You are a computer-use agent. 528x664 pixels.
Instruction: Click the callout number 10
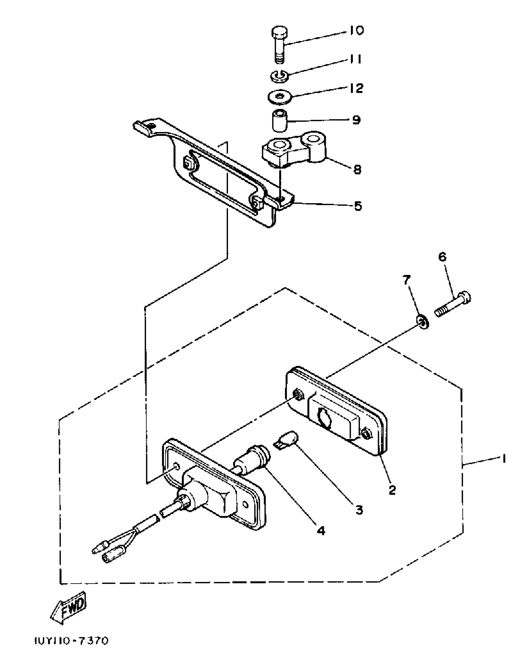356,30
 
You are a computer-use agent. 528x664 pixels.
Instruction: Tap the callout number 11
355,59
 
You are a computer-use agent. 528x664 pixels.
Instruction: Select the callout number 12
356,88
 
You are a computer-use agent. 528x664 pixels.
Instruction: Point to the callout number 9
356,120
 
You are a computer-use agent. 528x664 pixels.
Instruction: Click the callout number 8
357,170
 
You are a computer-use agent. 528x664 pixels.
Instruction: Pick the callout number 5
358,206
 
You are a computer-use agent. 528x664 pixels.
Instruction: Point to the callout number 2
392,490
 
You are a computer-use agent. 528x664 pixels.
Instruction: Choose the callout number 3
359,510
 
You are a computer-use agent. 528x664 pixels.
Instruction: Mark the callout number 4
321,531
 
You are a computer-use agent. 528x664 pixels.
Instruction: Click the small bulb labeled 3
286,440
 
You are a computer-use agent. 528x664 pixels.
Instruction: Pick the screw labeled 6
454,304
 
